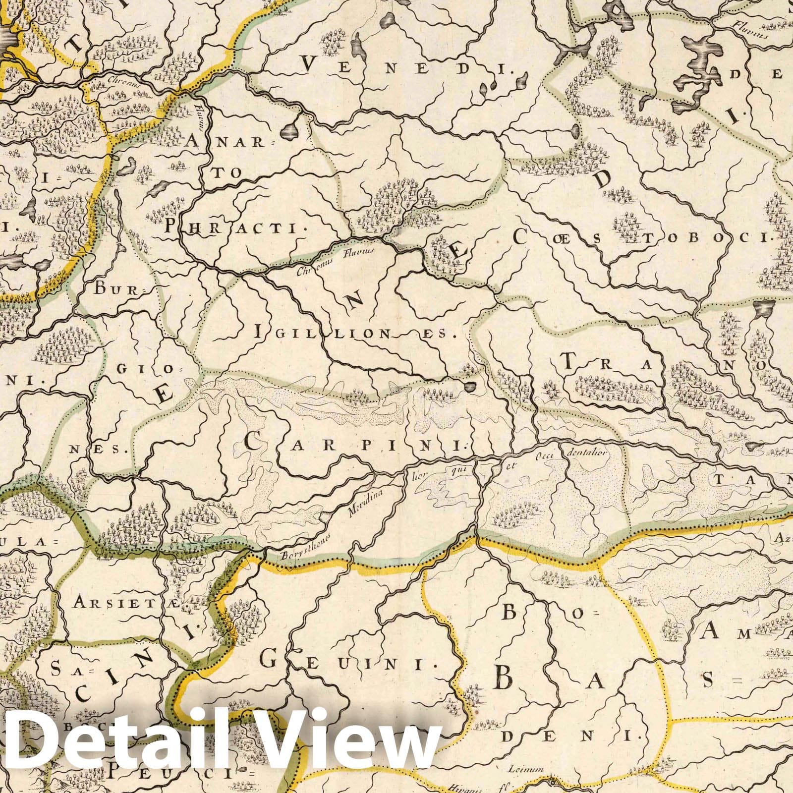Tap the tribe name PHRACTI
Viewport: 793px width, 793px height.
[233, 227]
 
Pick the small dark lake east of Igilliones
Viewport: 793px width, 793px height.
[469, 386]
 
